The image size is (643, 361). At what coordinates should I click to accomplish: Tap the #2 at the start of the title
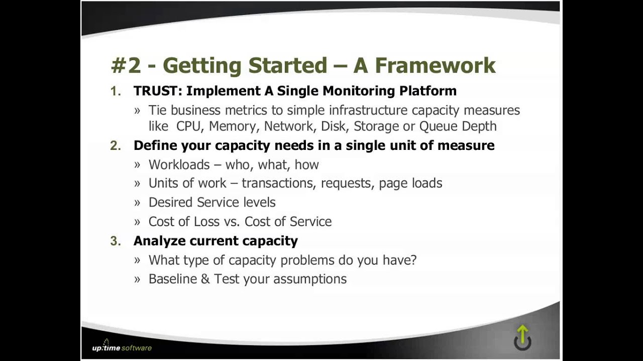(x=126, y=66)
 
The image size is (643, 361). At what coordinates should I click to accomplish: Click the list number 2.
(x=116, y=145)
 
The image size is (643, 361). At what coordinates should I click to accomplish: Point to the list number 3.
(x=116, y=241)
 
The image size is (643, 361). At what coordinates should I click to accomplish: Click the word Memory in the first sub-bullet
(x=232, y=126)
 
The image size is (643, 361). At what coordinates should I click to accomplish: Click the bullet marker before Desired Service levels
(x=137, y=203)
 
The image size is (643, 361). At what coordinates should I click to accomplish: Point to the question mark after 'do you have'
(x=413, y=260)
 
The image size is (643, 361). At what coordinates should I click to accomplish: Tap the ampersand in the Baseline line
(x=205, y=279)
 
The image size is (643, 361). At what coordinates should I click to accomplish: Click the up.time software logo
(x=122, y=347)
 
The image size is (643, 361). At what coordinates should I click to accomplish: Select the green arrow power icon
(x=522, y=337)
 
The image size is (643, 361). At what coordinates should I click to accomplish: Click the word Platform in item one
(x=427, y=91)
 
